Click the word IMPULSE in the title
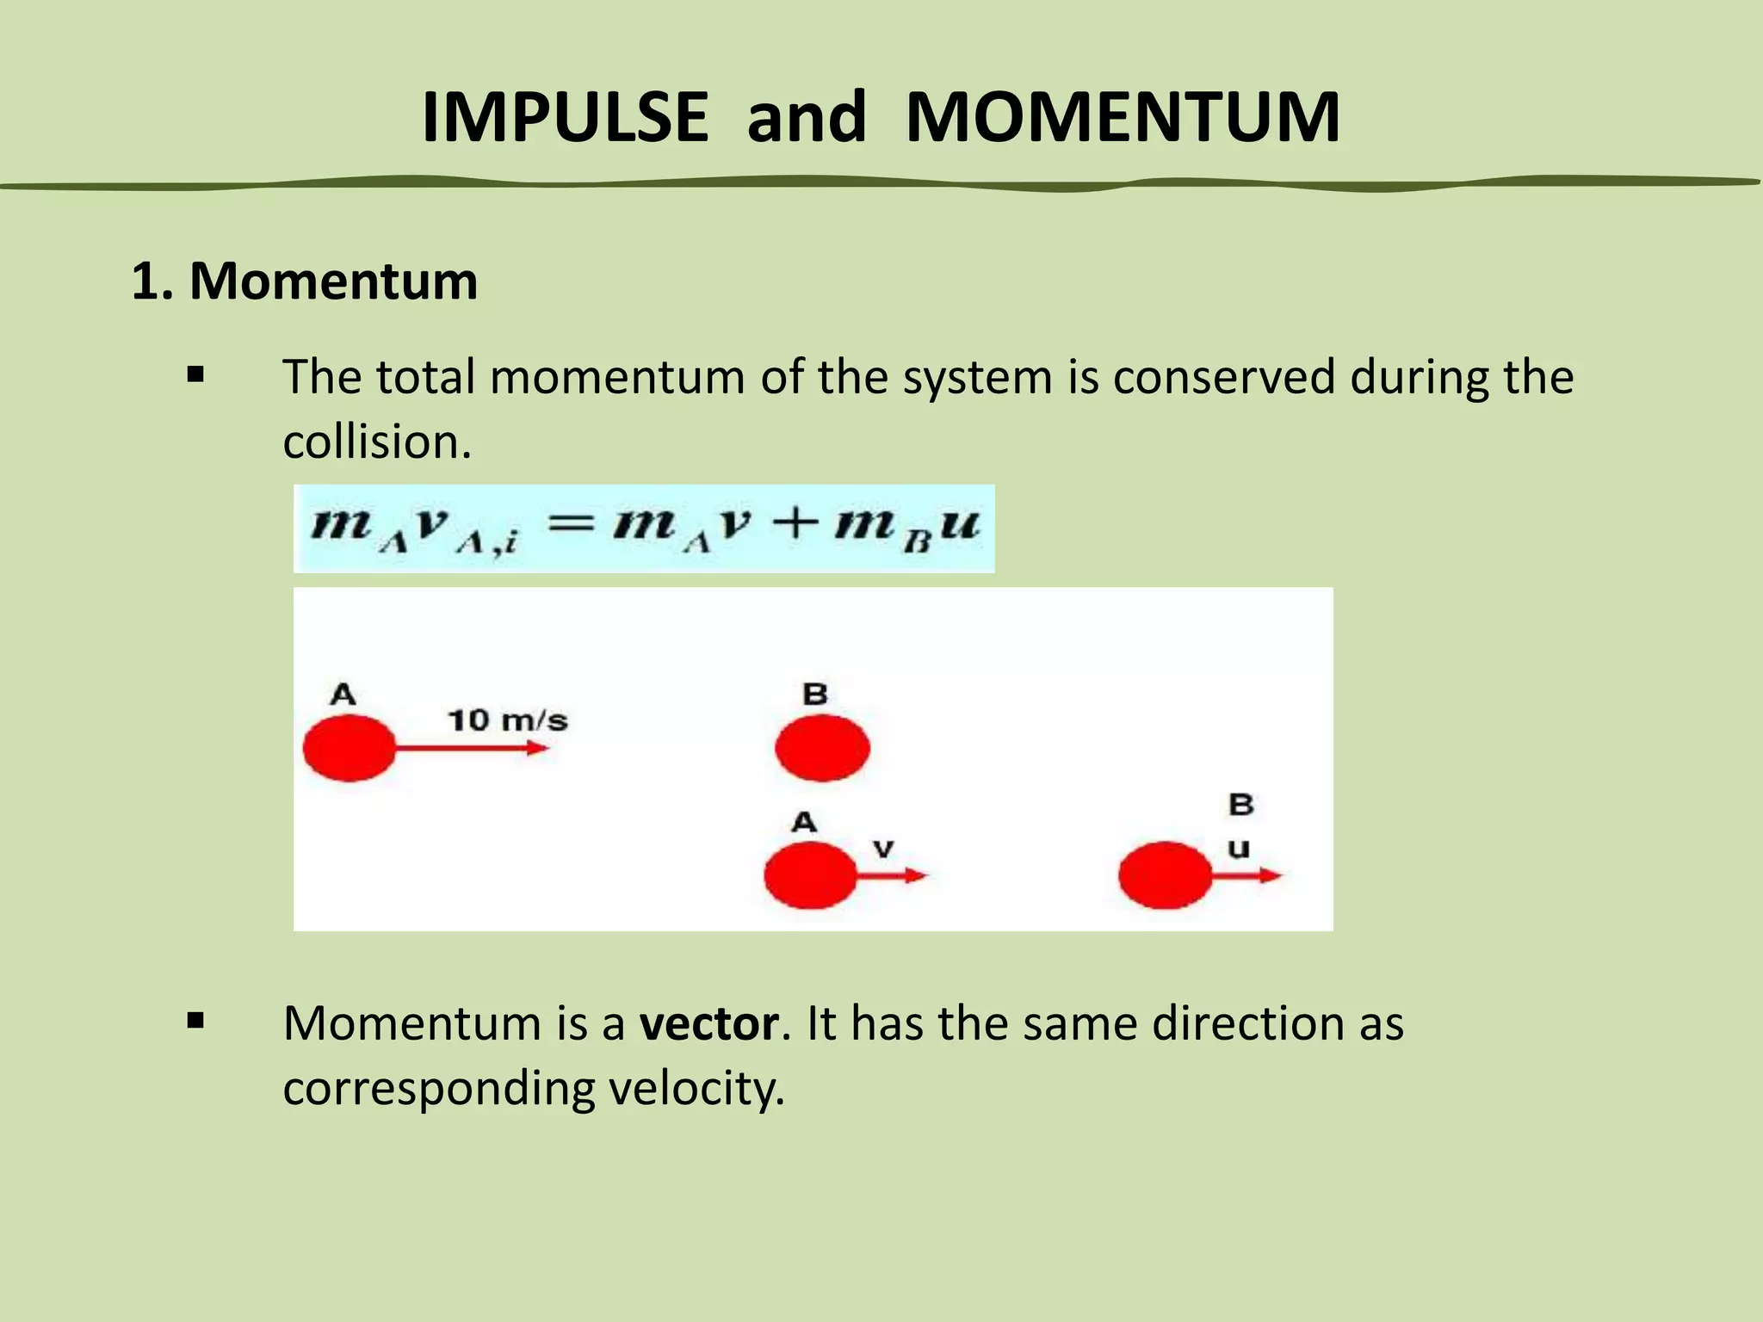pyautogui.click(x=565, y=117)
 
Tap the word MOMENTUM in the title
pyautogui.click(x=1123, y=117)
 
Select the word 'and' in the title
pyautogui.click(x=807, y=117)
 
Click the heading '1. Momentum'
pyautogui.click(x=304, y=281)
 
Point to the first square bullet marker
pyautogui.click(x=196, y=375)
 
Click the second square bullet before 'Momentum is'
pyautogui.click(x=196, y=1022)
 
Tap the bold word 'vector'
pyautogui.click(x=709, y=1023)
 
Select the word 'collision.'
pyautogui.click(x=377, y=442)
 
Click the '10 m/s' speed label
pyautogui.click(x=508, y=720)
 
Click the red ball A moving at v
pyautogui.click(x=810, y=875)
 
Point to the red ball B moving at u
pyautogui.click(x=1165, y=875)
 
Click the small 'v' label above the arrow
pyautogui.click(x=883, y=849)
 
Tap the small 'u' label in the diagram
pyautogui.click(x=1238, y=849)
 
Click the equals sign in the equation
pyautogui.click(x=572, y=522)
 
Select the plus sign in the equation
pyautogui.click(x=793, y=522)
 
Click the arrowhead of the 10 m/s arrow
pyautogui.click(x=540, y=748)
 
